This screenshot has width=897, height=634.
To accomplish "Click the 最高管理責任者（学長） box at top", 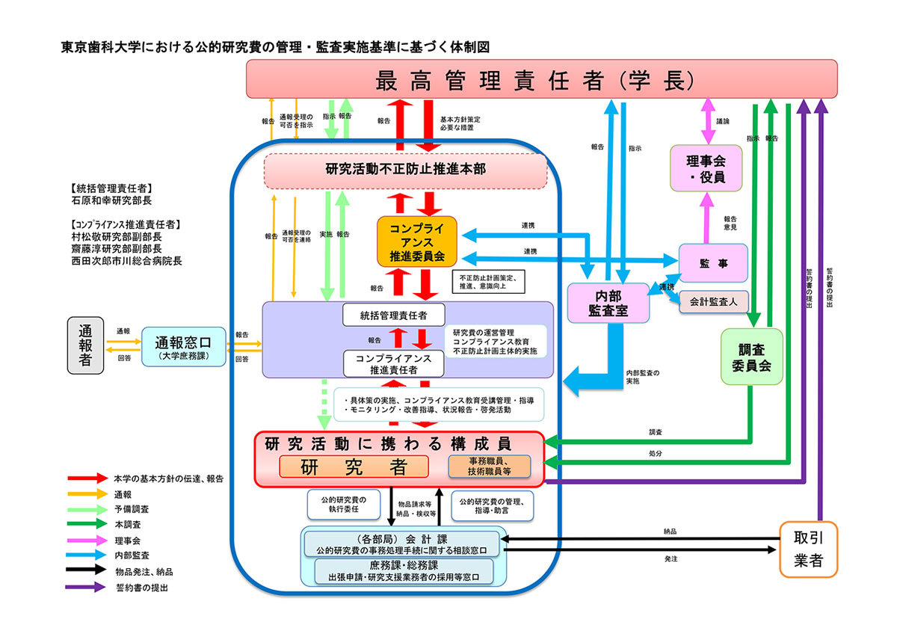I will (541, 79).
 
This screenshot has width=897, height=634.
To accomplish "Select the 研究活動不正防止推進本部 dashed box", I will (406, 170).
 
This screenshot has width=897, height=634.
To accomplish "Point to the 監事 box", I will (712, 263).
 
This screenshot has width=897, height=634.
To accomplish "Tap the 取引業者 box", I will (808, 550).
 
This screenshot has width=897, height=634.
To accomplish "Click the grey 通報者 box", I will (86, 345).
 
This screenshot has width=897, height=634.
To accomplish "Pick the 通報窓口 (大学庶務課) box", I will (183, 348).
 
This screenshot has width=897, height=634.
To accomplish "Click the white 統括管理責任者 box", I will (394, 315).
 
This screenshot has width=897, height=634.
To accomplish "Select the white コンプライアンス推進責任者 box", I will (394, 363).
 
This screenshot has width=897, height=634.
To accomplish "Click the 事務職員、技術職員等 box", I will (489, 467).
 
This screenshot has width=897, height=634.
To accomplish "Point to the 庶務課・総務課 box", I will (403, 571).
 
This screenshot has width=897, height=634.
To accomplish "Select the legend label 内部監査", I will (132, 556).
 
